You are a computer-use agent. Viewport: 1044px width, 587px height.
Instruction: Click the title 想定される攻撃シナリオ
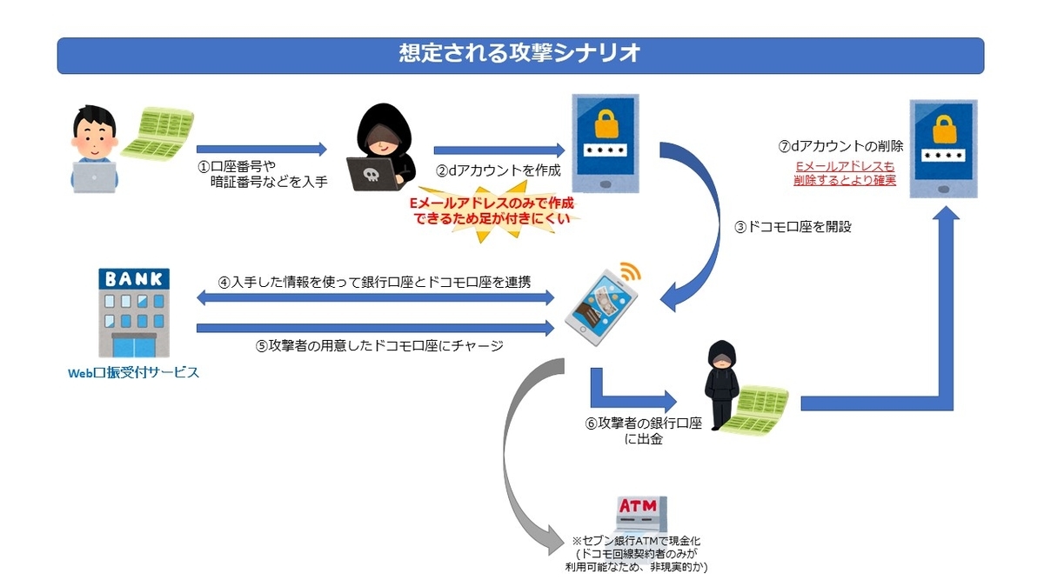coord(519,53)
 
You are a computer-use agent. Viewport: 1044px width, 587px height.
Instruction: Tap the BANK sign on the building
coord(134,278)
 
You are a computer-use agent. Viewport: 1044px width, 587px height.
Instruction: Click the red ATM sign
coord(638,505)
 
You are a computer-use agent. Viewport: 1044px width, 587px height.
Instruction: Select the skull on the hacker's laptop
coord(371,175)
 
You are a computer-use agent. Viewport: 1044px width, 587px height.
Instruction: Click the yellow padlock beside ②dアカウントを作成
coord(606,123)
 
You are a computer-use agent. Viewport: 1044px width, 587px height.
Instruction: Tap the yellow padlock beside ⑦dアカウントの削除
coord(944,129)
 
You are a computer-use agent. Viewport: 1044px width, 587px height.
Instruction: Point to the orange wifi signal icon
coord(630,270)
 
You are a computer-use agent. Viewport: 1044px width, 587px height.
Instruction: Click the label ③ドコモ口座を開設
coord(793,227)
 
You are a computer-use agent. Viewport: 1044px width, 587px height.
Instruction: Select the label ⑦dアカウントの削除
coord(840,146)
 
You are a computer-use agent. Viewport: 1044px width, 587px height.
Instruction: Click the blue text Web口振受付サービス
coord(133,373)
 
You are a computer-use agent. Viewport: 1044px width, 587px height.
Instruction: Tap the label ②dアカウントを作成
coord(499,170)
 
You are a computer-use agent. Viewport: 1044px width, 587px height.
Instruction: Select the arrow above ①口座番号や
coord(262,149)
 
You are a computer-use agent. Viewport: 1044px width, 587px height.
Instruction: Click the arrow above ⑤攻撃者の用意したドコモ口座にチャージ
coord(375,328)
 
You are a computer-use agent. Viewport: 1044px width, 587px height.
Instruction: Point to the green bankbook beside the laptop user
coord(158,133)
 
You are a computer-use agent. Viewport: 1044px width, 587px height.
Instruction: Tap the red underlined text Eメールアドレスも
coord(845,166)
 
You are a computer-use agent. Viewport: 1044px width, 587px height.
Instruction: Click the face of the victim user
coord(94,139)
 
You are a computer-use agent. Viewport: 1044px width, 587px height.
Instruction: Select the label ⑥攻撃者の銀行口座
coord(643,424)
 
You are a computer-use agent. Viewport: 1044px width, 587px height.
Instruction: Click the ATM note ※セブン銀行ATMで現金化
coord(636,541)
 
